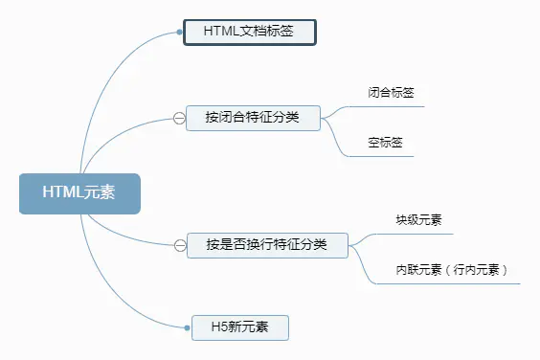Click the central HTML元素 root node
click(x=79, y=192)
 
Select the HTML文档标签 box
click(x=248, y=32)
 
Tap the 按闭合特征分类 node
click(x=253, y=117)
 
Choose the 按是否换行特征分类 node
click(x=266, y=245)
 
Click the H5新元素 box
click(x=239, y=327)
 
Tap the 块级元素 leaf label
click(x=418, y=220)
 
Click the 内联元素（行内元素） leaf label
click(x=458, y=270)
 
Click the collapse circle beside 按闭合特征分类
click(x=179, y=118)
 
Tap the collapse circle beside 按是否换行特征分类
click(x=179, y=246)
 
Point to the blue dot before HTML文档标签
click(x=180, y=32)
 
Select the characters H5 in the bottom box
click(x=219, y=327)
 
